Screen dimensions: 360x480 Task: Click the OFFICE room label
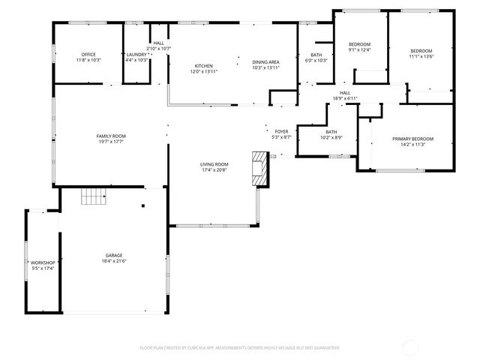pos(88,54)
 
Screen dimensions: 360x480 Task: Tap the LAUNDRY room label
pos(136,54)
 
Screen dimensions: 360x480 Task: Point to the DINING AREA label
pos(265,62)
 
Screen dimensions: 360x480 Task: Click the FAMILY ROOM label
pos(111,136)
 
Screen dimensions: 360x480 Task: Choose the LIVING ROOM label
pos(214,164)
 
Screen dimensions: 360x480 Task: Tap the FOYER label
pos(281,131)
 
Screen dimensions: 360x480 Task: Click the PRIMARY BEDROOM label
pos(412,139)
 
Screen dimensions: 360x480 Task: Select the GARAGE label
pos(113,255)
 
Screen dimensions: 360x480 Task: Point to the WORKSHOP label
pos(43,262)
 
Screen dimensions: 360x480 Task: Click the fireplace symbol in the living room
pos(259,169)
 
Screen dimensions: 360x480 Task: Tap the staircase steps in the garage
pos(94,196)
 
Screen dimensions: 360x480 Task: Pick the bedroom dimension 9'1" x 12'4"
pos(359,50)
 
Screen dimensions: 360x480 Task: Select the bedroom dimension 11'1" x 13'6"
pos(422,56)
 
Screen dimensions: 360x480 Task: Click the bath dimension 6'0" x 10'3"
pos(316,61)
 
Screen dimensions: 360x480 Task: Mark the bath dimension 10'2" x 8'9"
pos(331,137)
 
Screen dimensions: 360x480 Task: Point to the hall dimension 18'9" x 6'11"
pos(345,98)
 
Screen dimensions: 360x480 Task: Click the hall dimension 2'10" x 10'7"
pos(159,49)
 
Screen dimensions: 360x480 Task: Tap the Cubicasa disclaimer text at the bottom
pos(239,348)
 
